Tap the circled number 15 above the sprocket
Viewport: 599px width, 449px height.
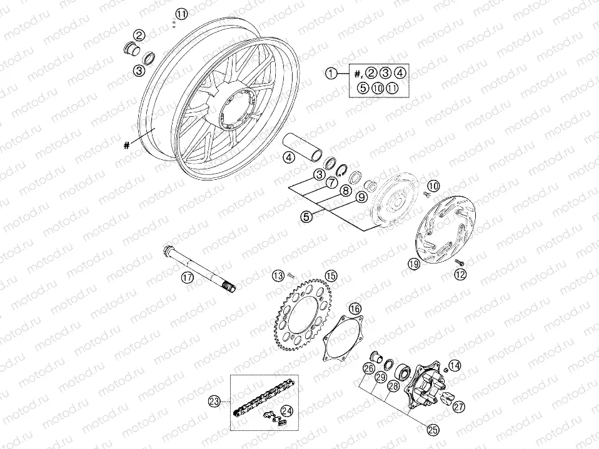pos(330,275)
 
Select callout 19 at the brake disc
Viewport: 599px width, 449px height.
pos(413,264)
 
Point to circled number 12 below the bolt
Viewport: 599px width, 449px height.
pos(460,274)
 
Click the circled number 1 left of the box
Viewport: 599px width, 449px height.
pos(331,73)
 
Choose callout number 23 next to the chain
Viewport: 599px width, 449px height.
pos(215,402)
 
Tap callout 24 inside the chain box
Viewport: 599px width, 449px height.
pos(287,410)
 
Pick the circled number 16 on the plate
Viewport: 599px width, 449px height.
pos(355,308)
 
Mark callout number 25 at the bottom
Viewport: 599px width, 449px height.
pos(432,428)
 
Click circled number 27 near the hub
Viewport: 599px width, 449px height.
pos(460,407)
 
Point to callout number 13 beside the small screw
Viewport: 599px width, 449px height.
pos(278,275)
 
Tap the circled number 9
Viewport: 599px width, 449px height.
pos(361,197)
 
